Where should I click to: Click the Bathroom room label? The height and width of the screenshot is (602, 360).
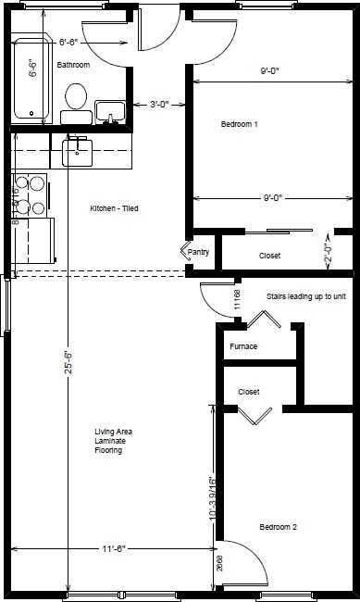point(73,65)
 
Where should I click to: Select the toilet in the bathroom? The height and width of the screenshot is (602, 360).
point(76,99)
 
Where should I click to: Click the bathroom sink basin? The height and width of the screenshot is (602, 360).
point(108,111)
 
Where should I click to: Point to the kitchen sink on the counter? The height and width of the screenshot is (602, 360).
point(77,149)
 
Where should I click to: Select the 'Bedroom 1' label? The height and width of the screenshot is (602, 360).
point(240,124)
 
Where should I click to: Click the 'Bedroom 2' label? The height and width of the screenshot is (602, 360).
point(278,527)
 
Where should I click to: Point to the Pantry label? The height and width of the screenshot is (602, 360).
point(199,252)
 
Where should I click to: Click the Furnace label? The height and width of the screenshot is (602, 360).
point(243,346)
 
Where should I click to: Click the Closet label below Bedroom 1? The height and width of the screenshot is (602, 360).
point(269,256)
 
